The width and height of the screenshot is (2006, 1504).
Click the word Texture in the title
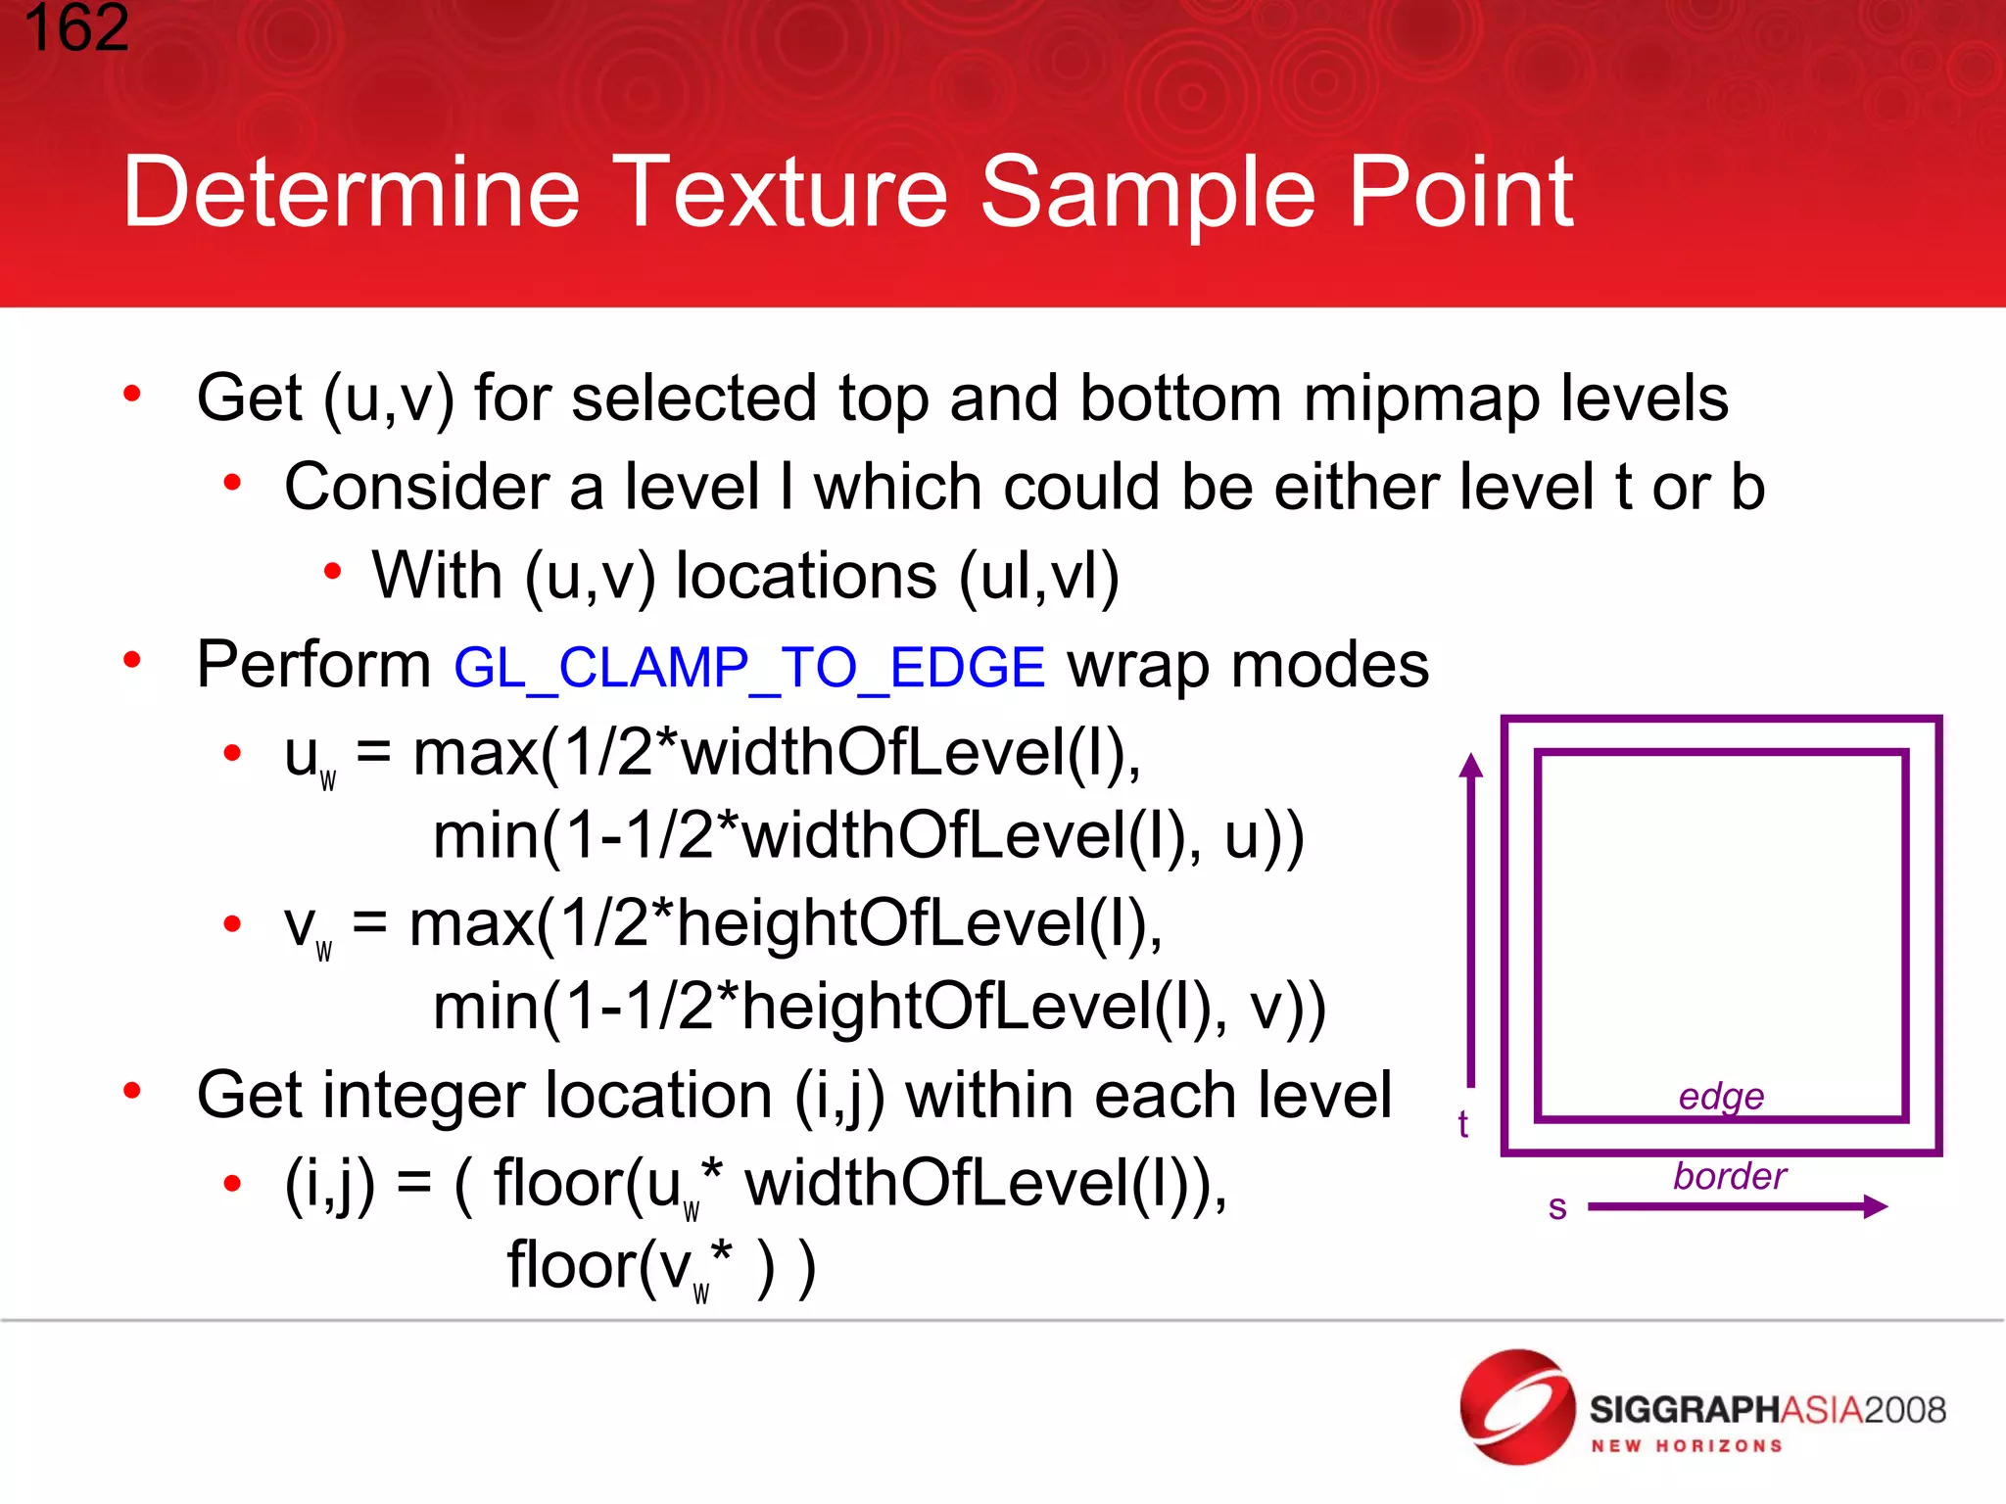pyautogui.click(x=785, y=193)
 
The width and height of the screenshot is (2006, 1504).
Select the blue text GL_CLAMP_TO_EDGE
pyautogui.click(x=749, y=669)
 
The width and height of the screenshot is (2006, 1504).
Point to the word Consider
pyautogui.click(x=417, y=488)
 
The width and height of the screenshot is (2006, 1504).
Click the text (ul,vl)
pyautogui.click(x=1038, y=577)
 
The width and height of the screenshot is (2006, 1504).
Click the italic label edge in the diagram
pyautogui.click(x=1721, y=1097)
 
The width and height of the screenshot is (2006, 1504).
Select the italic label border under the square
pyautogui.click(x=1730, y=1176)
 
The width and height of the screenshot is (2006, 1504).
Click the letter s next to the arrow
pyautogui.click(x=1557, y=1207)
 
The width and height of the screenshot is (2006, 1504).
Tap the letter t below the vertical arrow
pyautogui.click(x=1462, y=1124)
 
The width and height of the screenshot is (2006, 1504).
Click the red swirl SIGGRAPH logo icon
pyautogui.click(x=1516, y=1407)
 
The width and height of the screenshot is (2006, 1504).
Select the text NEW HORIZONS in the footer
pyautogui.click(x=1686, y=1446)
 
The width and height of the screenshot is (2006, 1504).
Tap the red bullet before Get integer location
pyautogui.click(x=132, y=1090)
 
